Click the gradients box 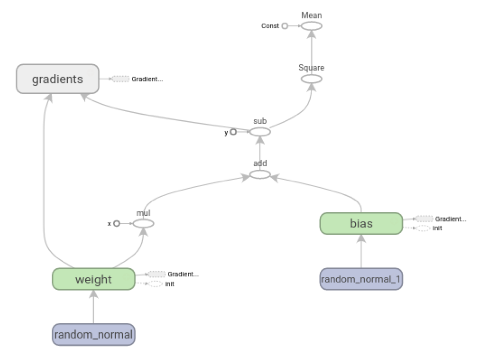(58, 79)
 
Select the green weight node (93, 280)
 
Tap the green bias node (361, 224)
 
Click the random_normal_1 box (361, 279)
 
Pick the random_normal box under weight (94, 335)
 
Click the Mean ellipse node (311, 26)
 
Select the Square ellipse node (311, 78)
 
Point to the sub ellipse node (260, 132)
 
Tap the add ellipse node (260, 174)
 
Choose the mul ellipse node (143, 224)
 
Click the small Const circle (285, 26)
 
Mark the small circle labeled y (233, 132)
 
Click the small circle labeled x (116, 224)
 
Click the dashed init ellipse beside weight (155, 284)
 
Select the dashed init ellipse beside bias (423, 228)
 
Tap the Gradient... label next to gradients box (147, 79)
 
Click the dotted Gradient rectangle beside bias (424, 219)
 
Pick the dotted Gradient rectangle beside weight (156, 274)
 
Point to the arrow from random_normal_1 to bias (361, 252)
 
